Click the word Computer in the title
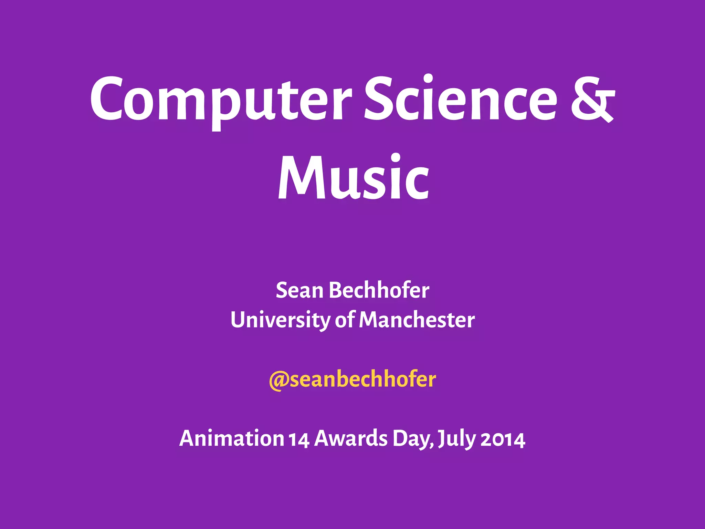pos(220,100)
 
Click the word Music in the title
pos(353,177)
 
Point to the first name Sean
pos(299,290)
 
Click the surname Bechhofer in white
pos(379,290)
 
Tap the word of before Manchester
pos(344,320)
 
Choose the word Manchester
pos(417,320)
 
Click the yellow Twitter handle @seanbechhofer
pos(352,380)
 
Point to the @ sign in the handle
pos(278,381)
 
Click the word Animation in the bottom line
pos(231,438)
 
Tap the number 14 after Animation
pos(299,439)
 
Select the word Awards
pos(351,438)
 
